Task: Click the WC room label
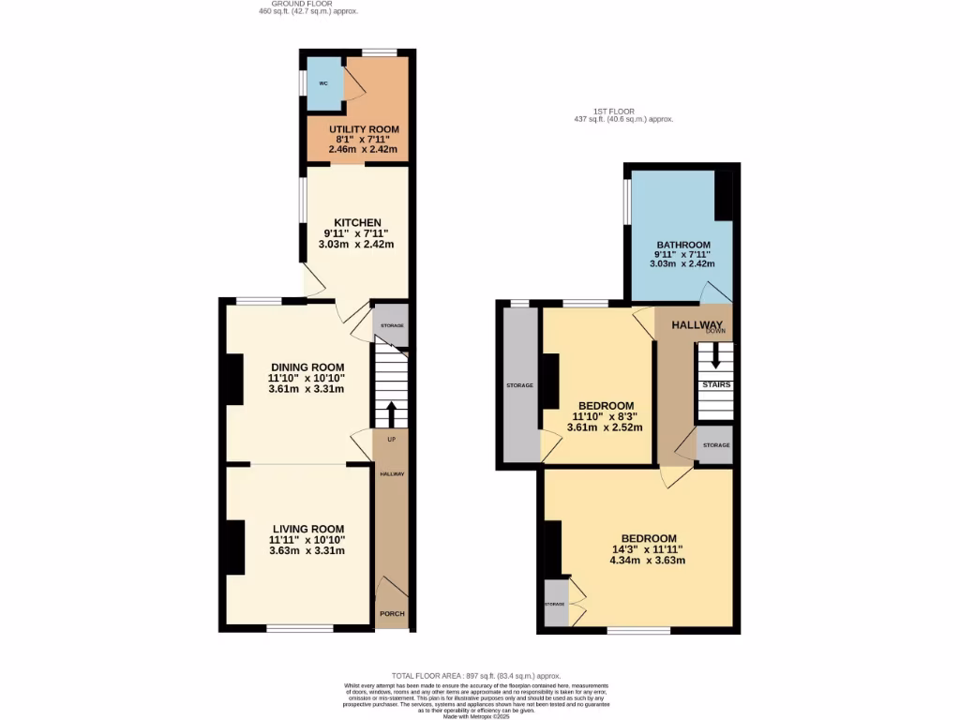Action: pos(323,82)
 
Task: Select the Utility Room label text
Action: pos(363,129)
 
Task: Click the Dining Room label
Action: pos(307,367)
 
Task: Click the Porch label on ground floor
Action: pos(391,614)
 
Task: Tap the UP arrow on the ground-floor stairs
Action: pos(391,416)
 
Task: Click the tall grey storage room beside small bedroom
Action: pos(520,385)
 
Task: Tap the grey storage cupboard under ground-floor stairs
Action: pos(391,325)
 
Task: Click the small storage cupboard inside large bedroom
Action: pos(556,604)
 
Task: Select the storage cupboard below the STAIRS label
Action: pos(715,445)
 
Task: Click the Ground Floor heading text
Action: pos(308,5)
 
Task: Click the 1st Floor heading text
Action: pos(623,112)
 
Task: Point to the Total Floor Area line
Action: pos(475,676)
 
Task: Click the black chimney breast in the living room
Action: pos(234,547)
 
